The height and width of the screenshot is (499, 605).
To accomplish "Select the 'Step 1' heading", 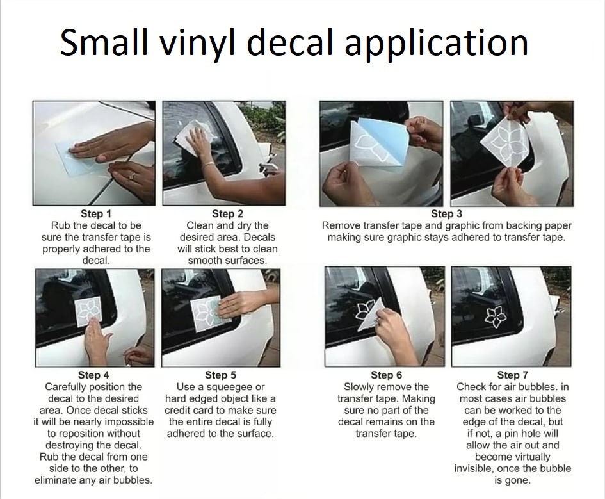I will [x=96, y=214].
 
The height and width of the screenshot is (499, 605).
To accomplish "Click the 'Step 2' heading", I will [x=227, y=214].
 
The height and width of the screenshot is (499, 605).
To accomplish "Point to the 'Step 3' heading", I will [x=446, y=214].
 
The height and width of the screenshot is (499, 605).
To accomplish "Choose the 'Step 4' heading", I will [x=93, y=375].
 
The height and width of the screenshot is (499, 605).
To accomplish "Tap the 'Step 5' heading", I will [x=220, y=375].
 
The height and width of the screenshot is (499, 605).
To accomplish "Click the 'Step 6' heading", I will [x=386, y=375].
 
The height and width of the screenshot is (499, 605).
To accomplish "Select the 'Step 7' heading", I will [x=513, y=375].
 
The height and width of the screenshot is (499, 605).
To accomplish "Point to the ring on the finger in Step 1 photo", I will [x=132, y=175].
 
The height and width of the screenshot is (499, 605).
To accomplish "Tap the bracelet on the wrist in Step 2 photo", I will [x=209, y=165].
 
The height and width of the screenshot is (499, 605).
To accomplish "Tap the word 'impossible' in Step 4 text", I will [x=129, y=421].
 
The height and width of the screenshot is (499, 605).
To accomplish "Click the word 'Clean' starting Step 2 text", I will [x=200, y=225].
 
